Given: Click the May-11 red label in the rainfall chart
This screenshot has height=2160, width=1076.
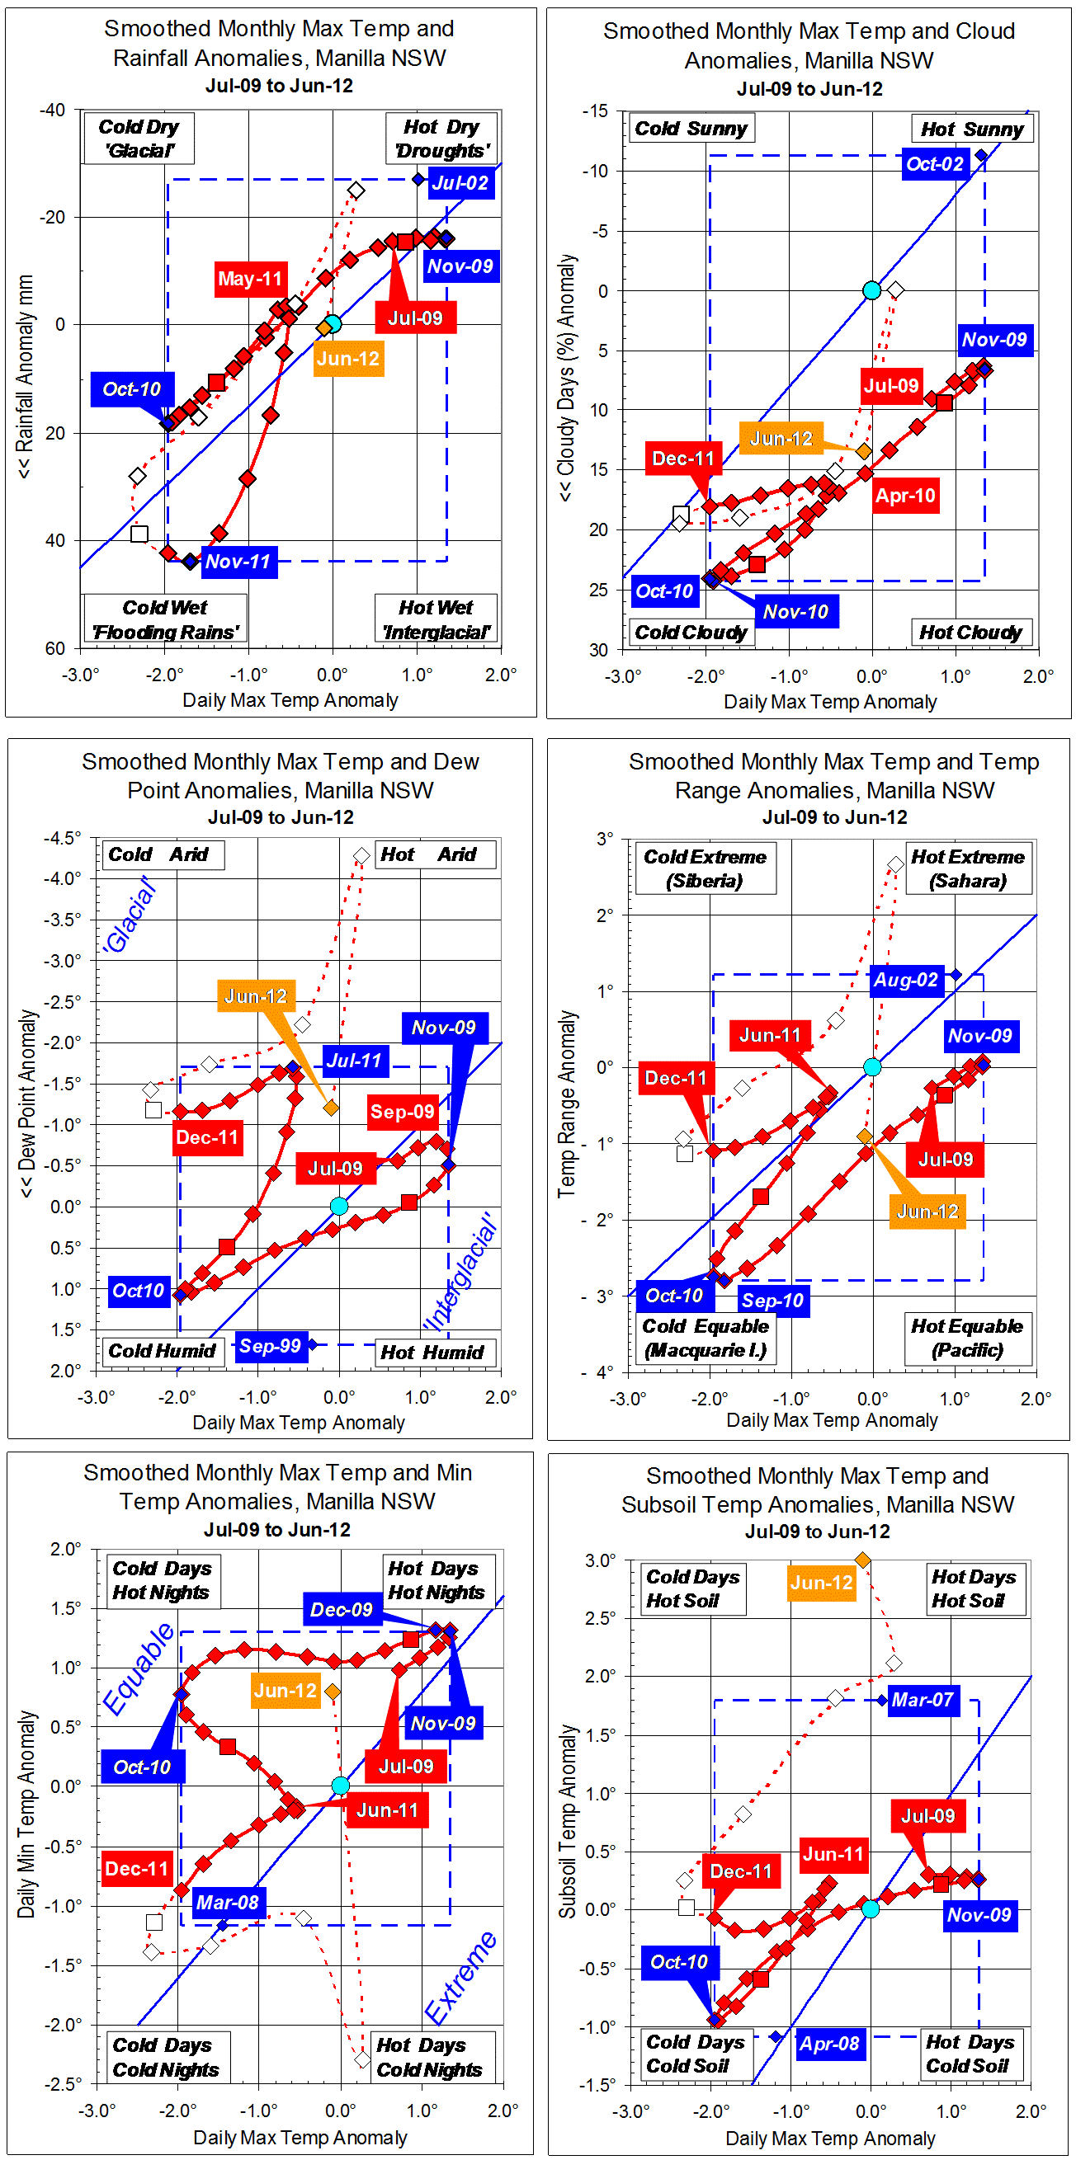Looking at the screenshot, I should [250, 279].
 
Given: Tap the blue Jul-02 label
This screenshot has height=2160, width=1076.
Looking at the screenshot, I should [460, 183].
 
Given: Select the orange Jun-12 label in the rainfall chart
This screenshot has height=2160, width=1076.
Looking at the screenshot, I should [348, 359].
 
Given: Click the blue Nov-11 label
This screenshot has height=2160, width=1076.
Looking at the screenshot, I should [238, 562].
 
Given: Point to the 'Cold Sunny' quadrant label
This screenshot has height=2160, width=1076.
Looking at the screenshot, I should [690, 129].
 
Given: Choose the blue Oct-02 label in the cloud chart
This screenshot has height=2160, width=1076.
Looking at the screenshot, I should [934, 163].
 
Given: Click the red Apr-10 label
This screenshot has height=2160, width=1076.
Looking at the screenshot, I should [905, 496].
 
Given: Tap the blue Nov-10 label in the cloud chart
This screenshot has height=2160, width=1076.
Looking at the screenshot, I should [795, 612].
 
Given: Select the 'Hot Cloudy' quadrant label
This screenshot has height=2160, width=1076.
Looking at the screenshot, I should [970, 633].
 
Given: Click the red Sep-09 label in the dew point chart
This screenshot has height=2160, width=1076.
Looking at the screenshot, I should [403, 1112].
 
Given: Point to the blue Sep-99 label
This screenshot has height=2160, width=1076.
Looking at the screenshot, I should [270, 1346].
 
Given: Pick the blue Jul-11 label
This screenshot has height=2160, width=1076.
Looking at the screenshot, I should [354, 1061].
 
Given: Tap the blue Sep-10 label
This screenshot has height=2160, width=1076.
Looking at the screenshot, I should [772, 1301].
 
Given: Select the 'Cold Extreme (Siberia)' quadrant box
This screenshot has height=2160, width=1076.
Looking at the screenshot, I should [705, 868].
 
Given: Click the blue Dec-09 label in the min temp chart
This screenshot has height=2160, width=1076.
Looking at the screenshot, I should [342, 1609].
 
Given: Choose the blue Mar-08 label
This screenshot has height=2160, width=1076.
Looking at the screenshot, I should [227, 1903].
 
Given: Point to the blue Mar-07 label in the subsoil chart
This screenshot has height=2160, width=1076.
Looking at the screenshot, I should [923, 1700].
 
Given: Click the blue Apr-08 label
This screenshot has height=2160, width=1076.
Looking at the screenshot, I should [828, 2044].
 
